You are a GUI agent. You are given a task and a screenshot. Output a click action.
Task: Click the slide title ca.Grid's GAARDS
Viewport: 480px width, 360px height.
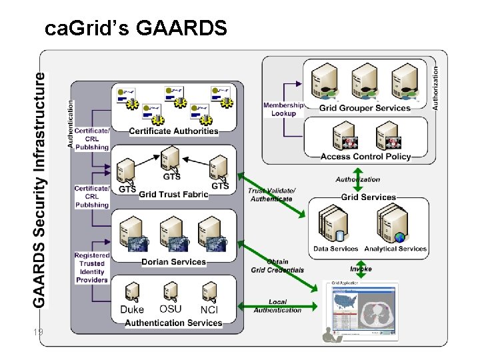click(x=136, y=29)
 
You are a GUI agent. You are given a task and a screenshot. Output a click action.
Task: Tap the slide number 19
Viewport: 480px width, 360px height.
click(x=37, y=332)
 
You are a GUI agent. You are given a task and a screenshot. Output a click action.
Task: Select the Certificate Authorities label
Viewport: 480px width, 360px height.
click(x=173, y=131)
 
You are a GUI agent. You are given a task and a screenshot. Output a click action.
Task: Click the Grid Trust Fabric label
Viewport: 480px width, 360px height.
click(x=173, y=195)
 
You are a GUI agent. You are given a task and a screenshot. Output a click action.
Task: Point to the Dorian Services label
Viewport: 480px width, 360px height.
click(x=173, y=262)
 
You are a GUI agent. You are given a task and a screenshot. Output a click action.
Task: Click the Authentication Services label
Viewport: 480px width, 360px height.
click(x=173, y=323)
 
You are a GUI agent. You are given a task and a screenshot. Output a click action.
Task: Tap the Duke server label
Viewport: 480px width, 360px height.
click(x=132, y=310)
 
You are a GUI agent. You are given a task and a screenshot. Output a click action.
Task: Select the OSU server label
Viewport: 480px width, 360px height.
click(x=170, y=309)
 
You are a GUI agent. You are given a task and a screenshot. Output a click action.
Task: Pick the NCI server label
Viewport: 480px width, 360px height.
click(x=209, y=310)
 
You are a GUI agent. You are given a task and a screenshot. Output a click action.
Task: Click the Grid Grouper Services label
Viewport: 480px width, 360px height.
click(x=365, y=108)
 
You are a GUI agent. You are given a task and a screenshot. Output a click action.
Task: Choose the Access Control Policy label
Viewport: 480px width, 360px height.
click(x=365, y=157)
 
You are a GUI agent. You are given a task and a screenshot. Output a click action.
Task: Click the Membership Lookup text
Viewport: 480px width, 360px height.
click(x=283, y=109)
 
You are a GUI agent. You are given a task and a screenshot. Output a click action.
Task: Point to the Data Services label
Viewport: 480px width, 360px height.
click(x=336, y=249)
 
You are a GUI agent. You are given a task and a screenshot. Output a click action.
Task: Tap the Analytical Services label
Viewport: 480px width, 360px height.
click(x=395, y=249)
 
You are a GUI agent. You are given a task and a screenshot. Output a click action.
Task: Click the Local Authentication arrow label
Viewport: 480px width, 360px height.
click(x=278, y=306)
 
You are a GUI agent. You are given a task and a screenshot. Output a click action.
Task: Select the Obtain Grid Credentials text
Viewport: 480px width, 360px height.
click(x=277, y=266)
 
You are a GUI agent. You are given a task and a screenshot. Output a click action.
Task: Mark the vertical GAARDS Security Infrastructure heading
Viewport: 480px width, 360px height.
click(x=40, y=190)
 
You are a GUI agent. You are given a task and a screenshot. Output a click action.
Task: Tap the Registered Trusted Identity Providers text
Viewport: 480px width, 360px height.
click(x=92, y=268)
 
